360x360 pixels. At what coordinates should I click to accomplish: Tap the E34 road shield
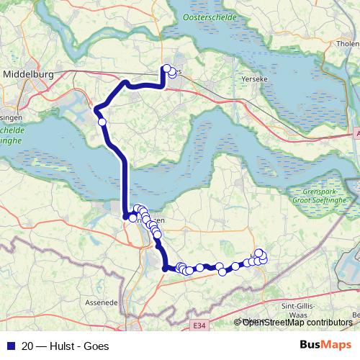[199, 325]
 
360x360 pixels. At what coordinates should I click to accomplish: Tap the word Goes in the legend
[96, 346]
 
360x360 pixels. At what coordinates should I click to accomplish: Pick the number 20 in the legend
[27, 346]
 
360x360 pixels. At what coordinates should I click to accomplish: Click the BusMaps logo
[325, 345]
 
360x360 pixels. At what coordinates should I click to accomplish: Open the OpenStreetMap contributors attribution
[297, 322]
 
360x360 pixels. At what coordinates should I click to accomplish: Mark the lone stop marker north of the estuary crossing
[102, 122]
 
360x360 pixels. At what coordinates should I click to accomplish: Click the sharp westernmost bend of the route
[96, 109]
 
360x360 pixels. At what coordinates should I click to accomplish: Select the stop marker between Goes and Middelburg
[102, 122]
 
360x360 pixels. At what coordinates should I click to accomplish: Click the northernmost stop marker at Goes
[167, 69]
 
